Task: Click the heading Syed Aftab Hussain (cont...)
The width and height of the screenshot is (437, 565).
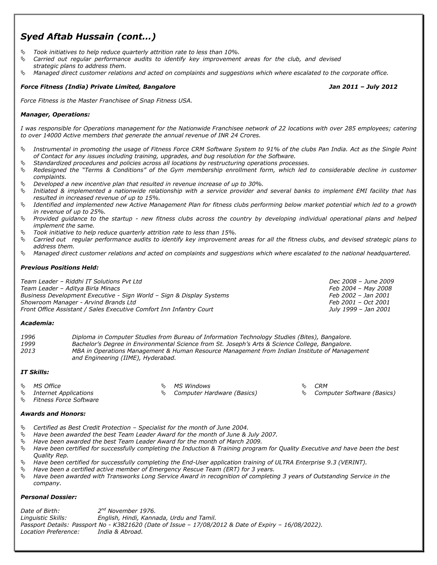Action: tap(88, 37)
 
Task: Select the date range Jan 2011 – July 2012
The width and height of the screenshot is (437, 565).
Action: tap(363, 87)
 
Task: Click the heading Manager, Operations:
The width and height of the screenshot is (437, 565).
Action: tap(55, 114)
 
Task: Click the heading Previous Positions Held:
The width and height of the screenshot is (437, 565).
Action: tap(60, 268)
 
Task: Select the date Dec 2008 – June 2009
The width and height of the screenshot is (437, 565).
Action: tap(361, 281)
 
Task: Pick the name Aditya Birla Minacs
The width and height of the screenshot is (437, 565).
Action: tap(93, 288)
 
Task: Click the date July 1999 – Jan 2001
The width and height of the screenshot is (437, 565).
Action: tap(360, 309)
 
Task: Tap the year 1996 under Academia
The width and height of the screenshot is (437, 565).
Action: tap(28, 337)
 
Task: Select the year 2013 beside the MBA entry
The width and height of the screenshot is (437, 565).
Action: tap(28, 351)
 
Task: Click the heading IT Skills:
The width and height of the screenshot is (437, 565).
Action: tap(35, 372)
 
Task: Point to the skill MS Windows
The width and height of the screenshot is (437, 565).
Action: tap(192, 386)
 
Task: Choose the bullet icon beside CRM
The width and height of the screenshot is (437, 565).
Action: tap(304, 386)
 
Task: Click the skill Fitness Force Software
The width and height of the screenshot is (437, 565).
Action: tap(66, 400)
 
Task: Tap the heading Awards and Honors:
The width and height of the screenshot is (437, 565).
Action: tap(53, 414)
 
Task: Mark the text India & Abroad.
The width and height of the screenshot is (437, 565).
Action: tap(120, 532)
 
